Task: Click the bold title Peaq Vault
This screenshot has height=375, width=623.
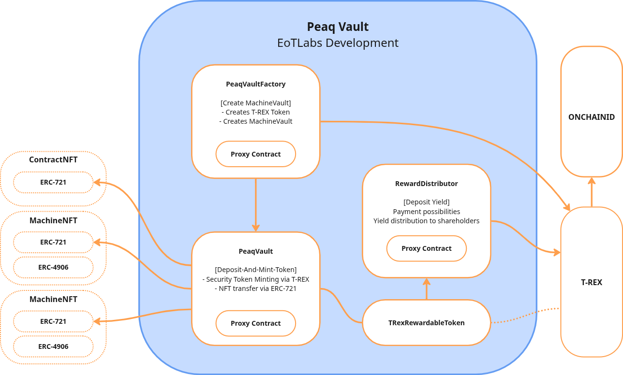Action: tap(338, 27)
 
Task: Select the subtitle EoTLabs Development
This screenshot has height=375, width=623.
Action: tap(338, 43)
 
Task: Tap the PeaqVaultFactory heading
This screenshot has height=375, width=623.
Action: tap(255, 84)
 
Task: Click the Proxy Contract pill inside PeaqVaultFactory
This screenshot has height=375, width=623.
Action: tap(255, 154)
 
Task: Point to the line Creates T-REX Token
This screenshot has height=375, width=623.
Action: tap(255, 112)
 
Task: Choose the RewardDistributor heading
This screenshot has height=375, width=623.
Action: tap(426, 184)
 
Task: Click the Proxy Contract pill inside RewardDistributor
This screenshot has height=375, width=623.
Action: tap(426, 248)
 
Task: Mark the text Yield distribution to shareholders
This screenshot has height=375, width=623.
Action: tap(426, 221)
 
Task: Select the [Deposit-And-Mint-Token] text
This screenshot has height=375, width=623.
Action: tap(255, 270)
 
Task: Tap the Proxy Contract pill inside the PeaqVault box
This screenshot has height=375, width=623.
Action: tap(255, 323)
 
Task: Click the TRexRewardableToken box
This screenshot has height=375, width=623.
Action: tap(426, 323)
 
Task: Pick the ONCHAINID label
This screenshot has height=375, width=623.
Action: tap(591, 117)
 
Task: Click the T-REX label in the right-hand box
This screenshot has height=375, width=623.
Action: tap(591, 282)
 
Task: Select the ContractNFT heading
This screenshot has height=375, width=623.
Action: tap(53, 159)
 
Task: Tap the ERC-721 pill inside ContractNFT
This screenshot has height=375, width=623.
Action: tap(53, 182)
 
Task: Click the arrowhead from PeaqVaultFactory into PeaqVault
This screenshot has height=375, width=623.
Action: tap(255, 228)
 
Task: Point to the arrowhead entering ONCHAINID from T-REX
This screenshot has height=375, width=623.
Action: tap(591, 181)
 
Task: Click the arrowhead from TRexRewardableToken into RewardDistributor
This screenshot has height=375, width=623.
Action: tap(426, 282)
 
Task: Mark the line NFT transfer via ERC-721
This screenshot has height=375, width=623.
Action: tap(255, 288)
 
